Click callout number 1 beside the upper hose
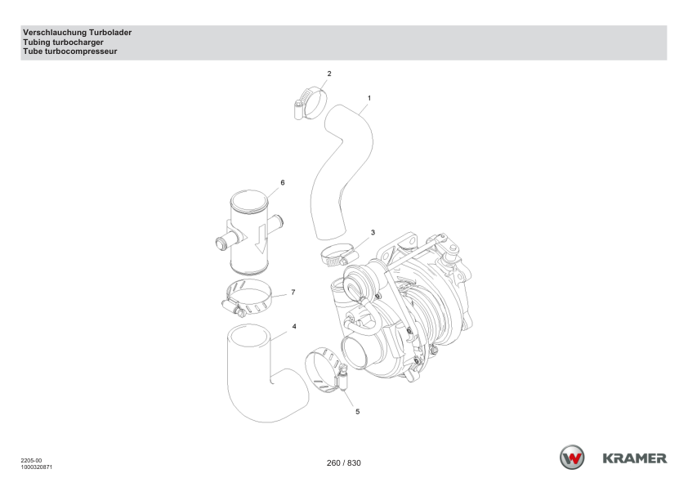tap(369, 98)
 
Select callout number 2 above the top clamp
tap(329, 74)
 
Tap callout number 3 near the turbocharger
tap(373, 233)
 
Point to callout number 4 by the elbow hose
tap(294, 326)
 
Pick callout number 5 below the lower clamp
tap(358, 412)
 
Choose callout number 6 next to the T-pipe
tap(283, 182)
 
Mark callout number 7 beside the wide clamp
tap(293, 293)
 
